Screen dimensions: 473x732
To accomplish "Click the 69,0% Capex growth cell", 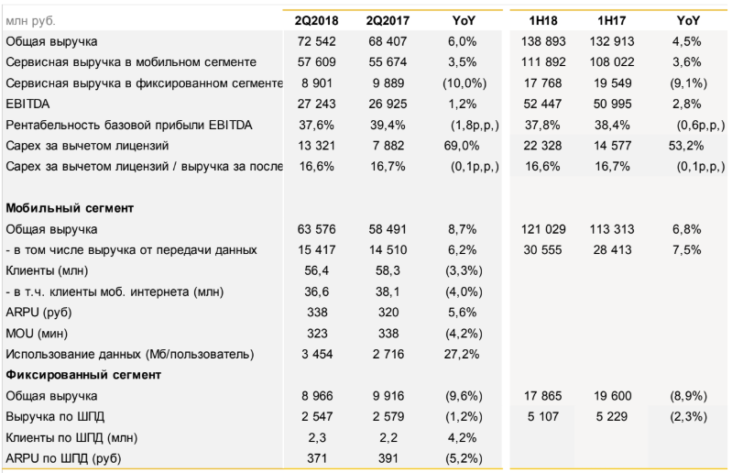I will pyautogui.click(x=464, y=146).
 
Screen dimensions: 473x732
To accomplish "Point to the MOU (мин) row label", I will pyautogui.click(x=35, y=333).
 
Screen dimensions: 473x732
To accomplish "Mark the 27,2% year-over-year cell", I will pyautogui.click(x=464, y=354).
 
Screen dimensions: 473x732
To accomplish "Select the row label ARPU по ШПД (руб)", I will pyautogui.click(x=63, y=457).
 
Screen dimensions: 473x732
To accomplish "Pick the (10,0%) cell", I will pyautogui.click(x=464, y=83).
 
